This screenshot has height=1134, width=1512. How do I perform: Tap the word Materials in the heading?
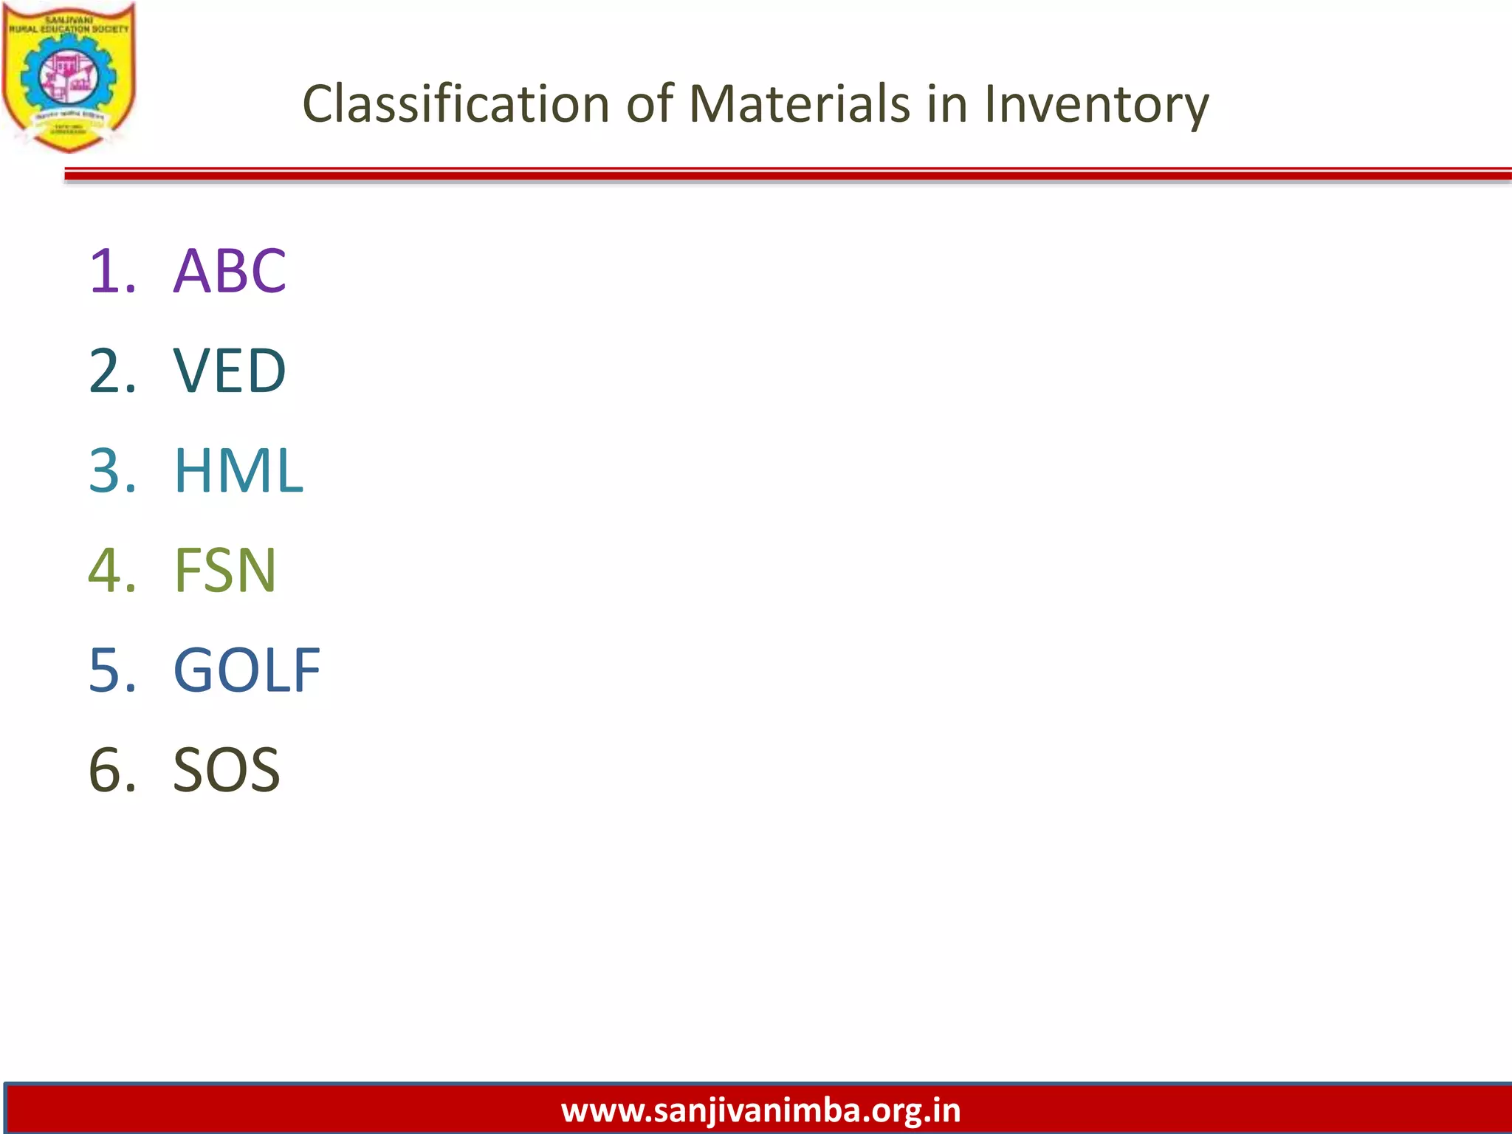800,103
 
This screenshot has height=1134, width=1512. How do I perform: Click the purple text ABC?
230,271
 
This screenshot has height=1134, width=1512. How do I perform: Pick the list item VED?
230,371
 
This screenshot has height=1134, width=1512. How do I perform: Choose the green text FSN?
225,570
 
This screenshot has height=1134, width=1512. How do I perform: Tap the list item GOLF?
247,670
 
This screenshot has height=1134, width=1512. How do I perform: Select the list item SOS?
226,770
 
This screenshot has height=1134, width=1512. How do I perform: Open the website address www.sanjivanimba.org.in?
760,1110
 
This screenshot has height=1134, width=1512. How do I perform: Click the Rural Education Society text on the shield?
69,29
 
